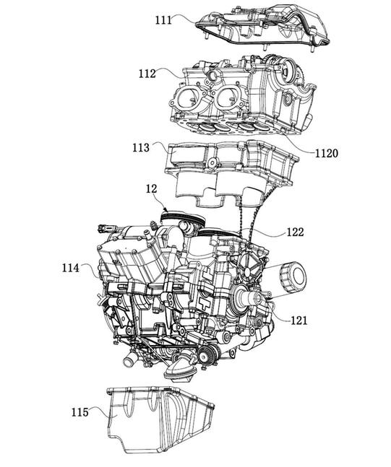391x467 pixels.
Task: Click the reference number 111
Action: click(x=163, y=20)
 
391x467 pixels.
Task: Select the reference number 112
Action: click(x=147, y=74)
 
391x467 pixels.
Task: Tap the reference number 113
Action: click(x=141, y=147)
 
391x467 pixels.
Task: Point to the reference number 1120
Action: click(x=327, y=154)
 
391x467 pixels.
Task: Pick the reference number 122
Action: click(x=296, y=232)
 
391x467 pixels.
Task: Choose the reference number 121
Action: click(x=298, y=320)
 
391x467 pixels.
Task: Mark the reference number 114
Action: click(x=71, y=268)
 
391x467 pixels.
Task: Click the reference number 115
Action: click(x=80, y=412)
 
